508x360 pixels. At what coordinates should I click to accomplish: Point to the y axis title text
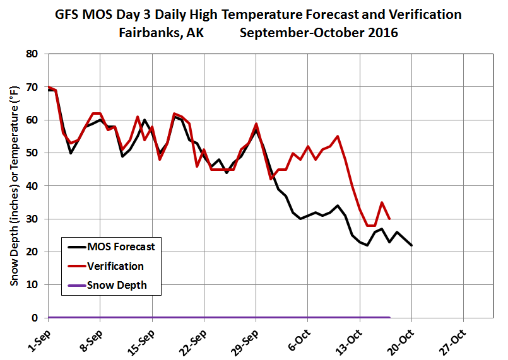(14, 186)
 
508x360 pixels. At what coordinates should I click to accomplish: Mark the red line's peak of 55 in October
(338, 136)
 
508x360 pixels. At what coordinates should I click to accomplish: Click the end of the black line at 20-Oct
(412, 245)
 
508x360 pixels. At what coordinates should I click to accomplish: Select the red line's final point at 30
(389, 219)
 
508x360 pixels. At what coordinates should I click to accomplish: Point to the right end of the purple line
(389, 317)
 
